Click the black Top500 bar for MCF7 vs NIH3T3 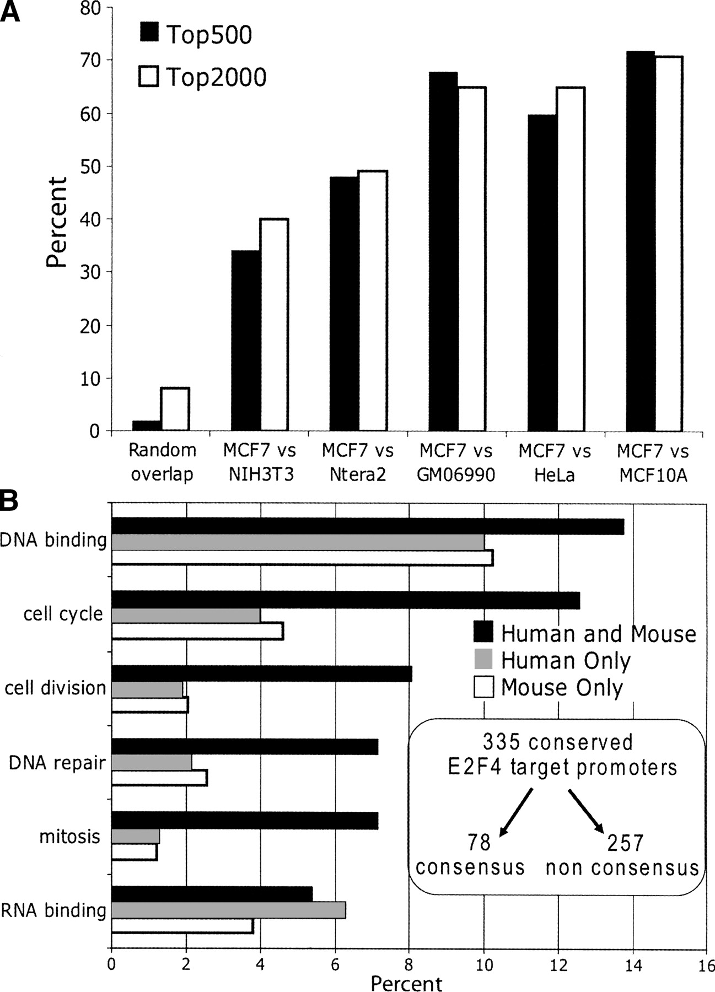tap(245, 341)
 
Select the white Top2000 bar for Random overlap tap(175, 409)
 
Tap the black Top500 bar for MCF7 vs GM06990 tap(442, 251)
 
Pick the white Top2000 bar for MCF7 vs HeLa tap(570, 259)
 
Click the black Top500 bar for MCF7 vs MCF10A tap(641, 241)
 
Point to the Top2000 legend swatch tap(148, 77)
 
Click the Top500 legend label tap(209, 35)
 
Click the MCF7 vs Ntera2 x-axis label tap(358, 462)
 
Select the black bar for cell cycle tap(346, 600)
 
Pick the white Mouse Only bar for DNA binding tap(302, 558)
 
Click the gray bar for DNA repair tap(152, 762)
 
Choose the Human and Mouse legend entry tap(584, 634)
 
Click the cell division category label tap(55, 688)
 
